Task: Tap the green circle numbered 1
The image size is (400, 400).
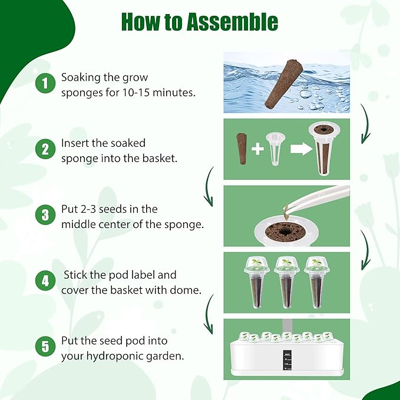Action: (x=44, y=83)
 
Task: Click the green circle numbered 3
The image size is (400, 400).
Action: (x=44, y=215)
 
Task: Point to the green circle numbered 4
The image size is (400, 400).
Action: (x=44, y=281)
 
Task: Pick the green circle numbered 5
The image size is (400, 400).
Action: (x=44, y=347)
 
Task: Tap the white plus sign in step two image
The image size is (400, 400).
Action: (x=257, y=148)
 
